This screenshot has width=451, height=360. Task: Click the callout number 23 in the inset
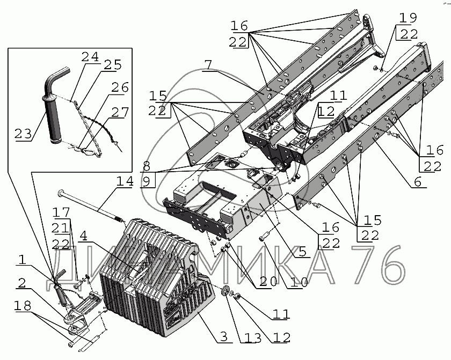(23, 134)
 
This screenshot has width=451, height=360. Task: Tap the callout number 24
(90, 56)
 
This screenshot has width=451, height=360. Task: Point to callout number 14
(125, 181)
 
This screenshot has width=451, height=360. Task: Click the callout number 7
(208, 65)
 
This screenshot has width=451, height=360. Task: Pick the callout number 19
(408, 18)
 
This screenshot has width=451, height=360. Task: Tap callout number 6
(418, 181)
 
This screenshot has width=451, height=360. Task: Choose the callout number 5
(303, 252)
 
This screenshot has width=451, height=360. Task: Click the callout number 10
(299, 282)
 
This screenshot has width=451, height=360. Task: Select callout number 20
(268, 281)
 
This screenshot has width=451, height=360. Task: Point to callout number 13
(253, 338)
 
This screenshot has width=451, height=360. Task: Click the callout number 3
(224, 336)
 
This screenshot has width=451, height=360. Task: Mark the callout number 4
(83, 236)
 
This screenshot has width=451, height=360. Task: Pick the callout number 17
(61, 212)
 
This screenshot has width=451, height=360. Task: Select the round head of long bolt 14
(61, 192)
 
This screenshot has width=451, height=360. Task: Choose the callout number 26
(120, 87)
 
